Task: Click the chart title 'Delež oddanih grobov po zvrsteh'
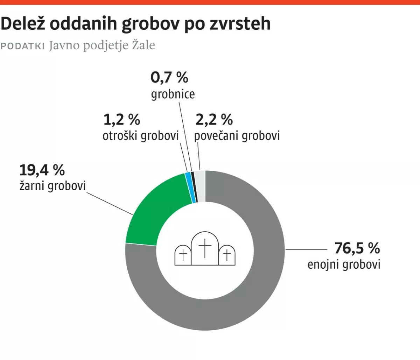(135, 24)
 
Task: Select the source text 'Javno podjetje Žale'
(102, 45)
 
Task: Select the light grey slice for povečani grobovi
(200, 186)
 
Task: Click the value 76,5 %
(357, 248)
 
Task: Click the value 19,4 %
(42, 170)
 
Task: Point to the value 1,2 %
(121, 120)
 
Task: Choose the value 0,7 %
(169, 77)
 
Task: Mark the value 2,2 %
(214, 120)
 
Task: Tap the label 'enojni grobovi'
(344, 264)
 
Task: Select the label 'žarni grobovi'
(52, 186)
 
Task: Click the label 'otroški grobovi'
(141, 136)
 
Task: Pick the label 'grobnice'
(173, 94)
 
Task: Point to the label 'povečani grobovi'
(237, 136)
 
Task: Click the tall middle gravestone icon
(205, 248)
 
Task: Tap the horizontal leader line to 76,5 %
(306, 250)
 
